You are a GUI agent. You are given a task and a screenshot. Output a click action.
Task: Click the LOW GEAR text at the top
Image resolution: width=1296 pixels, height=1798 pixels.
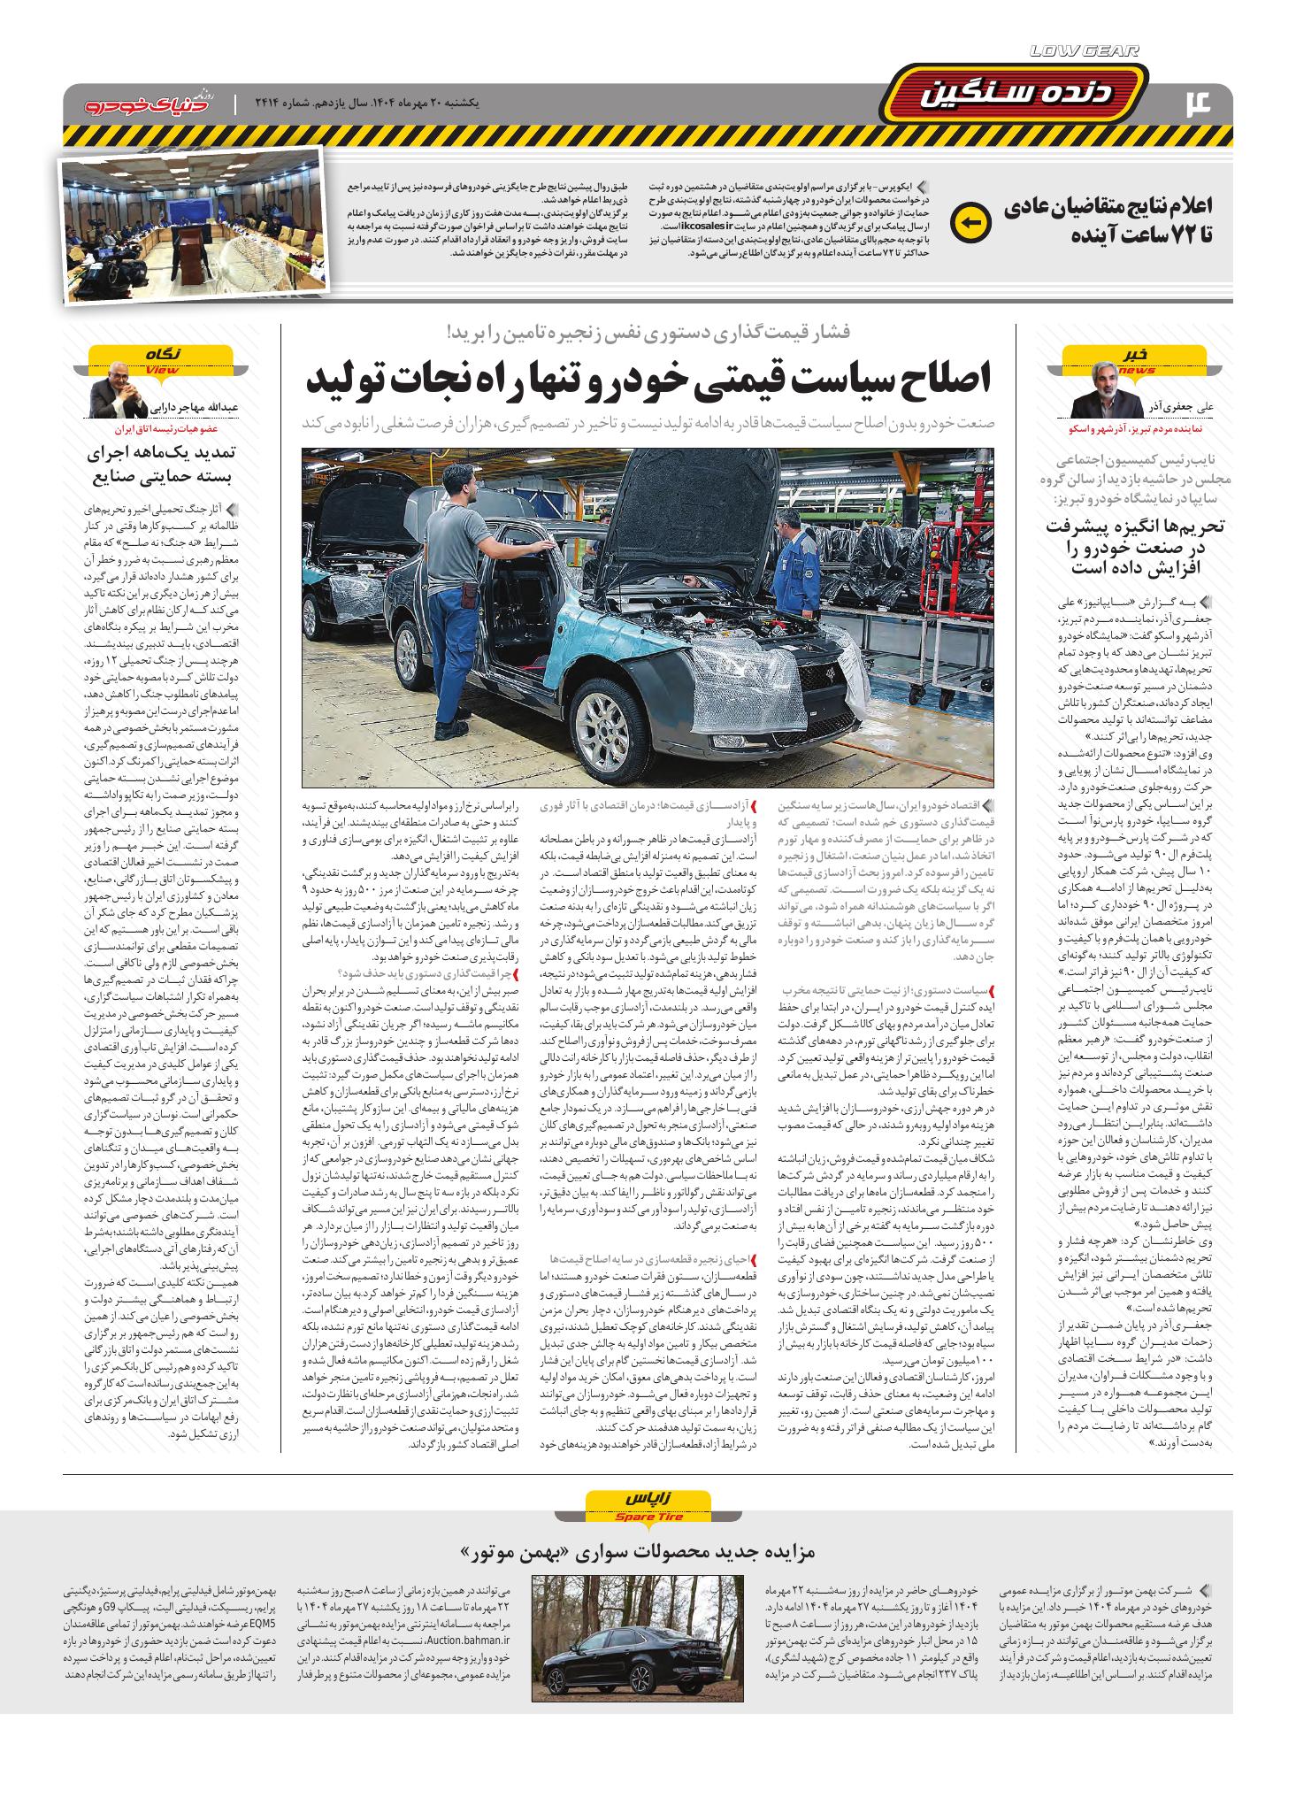(1084, 52)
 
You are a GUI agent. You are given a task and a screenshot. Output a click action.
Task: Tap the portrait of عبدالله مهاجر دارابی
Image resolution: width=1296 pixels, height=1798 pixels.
(119, 393)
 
